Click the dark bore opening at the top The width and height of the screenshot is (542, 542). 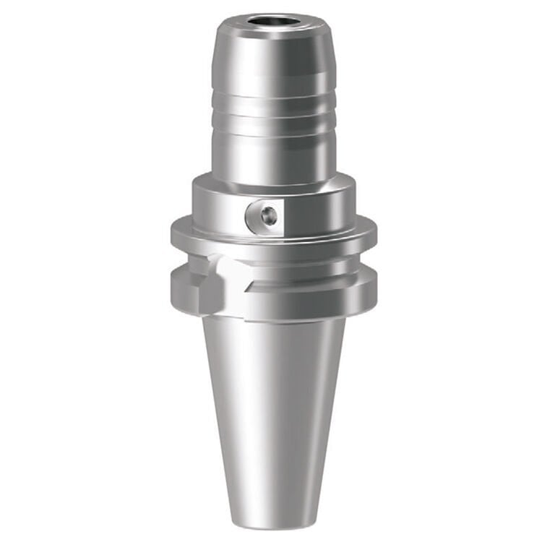point(274,19)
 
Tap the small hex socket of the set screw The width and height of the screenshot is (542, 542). point(268,215)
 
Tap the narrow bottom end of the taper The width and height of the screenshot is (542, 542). point(271,517)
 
